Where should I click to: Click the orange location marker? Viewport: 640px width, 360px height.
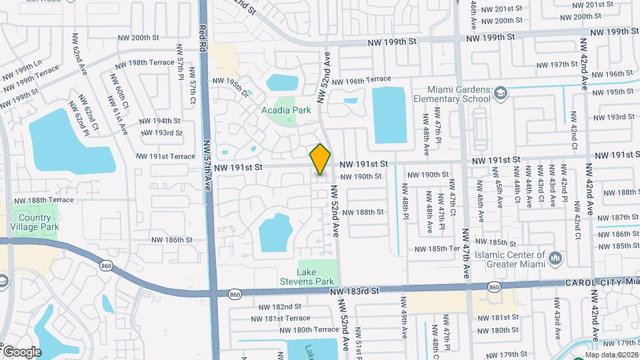pyautogui.click(x=321, y=159)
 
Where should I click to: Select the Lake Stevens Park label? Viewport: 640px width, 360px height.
pyautogui.click(x=315, y=277)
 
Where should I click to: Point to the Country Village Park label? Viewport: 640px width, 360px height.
pyautogui.click(x=35, y=222)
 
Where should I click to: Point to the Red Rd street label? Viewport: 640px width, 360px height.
pyautogui.click(x=202, y=41)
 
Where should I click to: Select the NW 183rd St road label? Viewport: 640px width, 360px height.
pyautogui.click(x=354, y=291)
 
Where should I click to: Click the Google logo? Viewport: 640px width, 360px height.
pyautogui.click(x=21, y=351)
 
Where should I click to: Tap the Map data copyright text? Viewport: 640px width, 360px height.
pyautogui.click(x=612, y=355)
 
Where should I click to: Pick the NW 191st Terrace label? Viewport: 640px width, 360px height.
pyautogui.click(x=165, y=156)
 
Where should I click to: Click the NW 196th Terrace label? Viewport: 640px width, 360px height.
pyautogui.click(x=361, y=80)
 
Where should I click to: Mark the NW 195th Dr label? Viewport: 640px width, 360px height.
pyautogui.click(x=230, y=87)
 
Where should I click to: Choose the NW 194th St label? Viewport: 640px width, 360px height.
pyautogui.click(x=159, y=121)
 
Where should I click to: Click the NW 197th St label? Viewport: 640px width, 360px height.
pyautogui.click(x=555, y=64)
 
